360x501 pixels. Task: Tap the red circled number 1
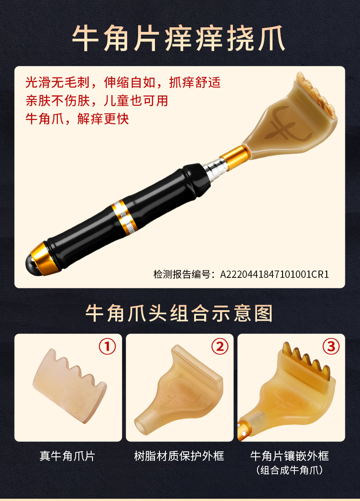107,346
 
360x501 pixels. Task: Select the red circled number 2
220,346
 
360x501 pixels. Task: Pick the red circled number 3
331,346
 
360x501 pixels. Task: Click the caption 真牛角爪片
67,455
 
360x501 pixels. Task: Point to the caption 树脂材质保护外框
179,455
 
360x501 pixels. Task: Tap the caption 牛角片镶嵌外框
290,455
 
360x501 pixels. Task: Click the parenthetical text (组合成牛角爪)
290,470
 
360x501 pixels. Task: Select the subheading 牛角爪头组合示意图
179,313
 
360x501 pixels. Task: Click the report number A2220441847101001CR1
275,274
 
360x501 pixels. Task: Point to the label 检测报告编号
182,274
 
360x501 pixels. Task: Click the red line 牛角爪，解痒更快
77,119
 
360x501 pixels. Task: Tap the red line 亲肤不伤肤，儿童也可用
97,101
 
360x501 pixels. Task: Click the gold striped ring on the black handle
124,216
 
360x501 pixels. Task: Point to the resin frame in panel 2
179,390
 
